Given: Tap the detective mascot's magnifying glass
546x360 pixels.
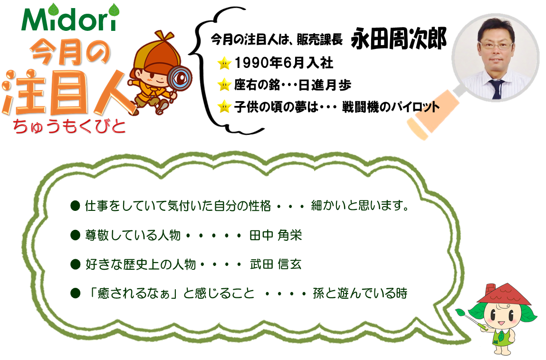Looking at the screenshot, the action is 178,81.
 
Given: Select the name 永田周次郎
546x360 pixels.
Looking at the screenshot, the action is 399,38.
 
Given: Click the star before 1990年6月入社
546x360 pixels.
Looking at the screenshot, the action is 224,63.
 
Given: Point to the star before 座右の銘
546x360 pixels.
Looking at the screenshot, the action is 224,85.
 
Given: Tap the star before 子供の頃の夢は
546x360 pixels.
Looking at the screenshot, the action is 224,106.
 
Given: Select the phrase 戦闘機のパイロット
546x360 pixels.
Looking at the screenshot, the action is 390,107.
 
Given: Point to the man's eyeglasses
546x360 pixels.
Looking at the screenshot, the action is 496,45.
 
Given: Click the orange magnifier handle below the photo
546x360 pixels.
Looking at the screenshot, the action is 432,115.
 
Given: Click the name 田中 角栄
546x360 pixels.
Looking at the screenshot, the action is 276,236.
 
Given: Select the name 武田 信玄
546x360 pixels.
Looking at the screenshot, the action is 276,264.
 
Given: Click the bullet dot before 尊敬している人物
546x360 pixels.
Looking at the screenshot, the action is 75,236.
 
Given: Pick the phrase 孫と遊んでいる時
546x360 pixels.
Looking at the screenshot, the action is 360,293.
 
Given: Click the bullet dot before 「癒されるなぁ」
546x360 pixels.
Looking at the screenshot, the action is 75,293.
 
